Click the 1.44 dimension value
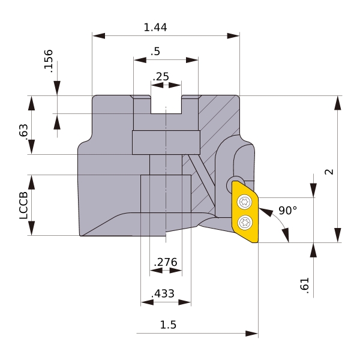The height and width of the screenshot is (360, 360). coord(155,28)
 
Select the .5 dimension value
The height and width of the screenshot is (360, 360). coord(155,52)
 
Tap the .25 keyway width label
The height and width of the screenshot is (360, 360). coord(161,77)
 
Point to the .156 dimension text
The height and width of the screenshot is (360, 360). coord(49,61)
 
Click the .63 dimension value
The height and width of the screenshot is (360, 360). coord(23,132)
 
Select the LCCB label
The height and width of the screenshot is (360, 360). coord(23,205)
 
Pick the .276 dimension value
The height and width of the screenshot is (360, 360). coord(166,262)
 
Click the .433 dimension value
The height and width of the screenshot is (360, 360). coord(163,293)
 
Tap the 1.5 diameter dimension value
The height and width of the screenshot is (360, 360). coord(168,325)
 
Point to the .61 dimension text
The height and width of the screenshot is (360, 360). coord(305,286)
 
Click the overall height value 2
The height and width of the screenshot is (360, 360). coord(329,172)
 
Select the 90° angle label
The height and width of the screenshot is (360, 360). coord(287,211)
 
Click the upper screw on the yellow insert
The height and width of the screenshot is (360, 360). coord(245,202)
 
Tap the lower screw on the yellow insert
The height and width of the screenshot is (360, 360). coord(245,222)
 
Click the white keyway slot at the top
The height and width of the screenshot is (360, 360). coord(166,104)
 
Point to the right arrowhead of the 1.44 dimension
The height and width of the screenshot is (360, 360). coord(233,36)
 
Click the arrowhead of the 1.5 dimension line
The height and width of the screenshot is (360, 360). coord(251,334)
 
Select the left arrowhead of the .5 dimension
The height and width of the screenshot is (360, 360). coord(140,60)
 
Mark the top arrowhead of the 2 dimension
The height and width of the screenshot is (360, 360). coord(337,103)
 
